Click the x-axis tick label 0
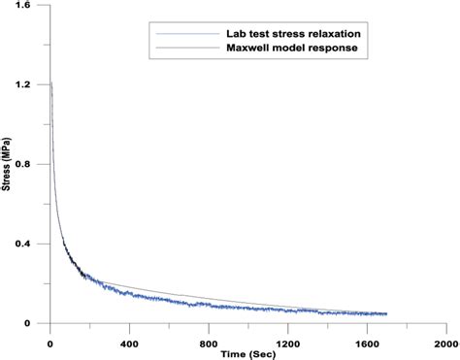(49, 344)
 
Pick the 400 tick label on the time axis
(128, 344)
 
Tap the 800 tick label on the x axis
(208, 344)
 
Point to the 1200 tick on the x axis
(287, 344)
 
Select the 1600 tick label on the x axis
(366, 344)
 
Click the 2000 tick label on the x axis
(445, 344)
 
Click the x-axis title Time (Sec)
(246, 354)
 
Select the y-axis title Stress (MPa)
(8, 165)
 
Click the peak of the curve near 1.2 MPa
(50, 84)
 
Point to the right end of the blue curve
(386, 314)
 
